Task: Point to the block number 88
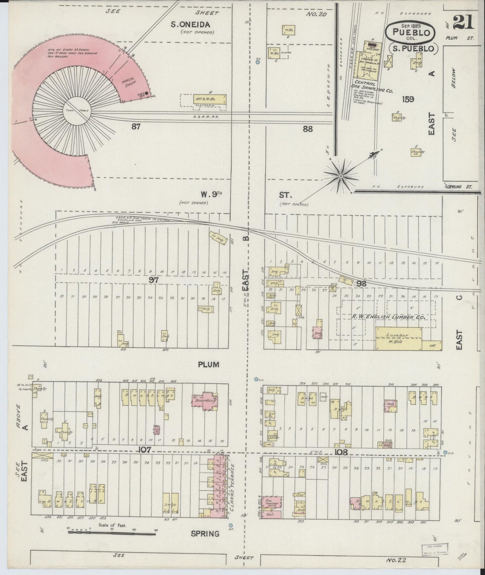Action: (307, 128)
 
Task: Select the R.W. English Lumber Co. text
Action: (388, 317)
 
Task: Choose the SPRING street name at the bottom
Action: (205, 533)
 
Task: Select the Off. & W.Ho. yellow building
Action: (209, 99)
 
